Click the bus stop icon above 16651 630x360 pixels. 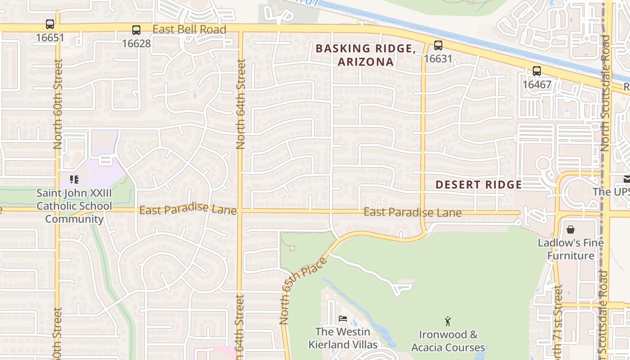[50, 24]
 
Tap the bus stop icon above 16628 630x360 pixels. [136, 30]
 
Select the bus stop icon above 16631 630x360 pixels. [438, 45]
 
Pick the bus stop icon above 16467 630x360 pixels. [536, 71]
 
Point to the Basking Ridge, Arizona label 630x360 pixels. [365, 55]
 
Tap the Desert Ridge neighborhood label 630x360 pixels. [478, 184]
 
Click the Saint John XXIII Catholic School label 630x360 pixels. [74, 206]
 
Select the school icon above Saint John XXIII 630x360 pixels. [74, 180]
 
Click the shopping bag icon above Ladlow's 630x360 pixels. [571, 229]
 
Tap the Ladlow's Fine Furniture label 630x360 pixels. [571, 249]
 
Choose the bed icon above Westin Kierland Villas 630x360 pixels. [343, 319]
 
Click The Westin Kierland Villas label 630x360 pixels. [343, 338]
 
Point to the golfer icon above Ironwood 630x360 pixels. [447, 321]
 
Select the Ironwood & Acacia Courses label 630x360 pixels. [448, 341]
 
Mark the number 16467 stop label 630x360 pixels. [536, 84]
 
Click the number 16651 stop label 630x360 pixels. [50, 37]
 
